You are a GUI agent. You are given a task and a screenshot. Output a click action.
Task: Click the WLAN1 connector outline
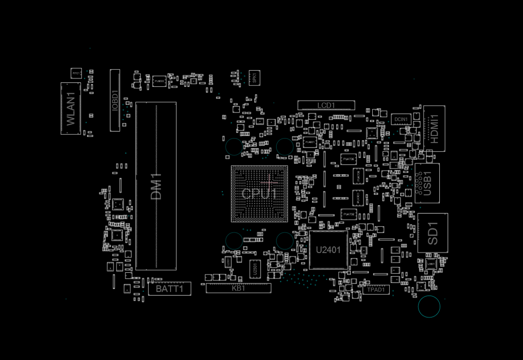71,108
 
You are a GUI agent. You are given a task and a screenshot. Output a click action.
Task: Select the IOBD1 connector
115,100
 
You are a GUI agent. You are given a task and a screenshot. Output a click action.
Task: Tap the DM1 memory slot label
156,186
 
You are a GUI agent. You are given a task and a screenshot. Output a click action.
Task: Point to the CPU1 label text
259,194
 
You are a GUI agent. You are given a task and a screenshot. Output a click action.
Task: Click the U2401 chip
328,250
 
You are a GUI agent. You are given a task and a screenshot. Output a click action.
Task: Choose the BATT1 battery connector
170,289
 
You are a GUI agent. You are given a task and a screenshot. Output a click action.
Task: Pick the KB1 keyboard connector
239,288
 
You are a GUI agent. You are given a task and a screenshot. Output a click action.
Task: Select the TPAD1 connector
376,290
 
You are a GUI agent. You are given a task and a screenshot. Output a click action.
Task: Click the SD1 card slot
433,233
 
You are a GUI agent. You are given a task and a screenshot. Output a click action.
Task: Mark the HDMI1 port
434,128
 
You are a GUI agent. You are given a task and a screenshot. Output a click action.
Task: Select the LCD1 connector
326,105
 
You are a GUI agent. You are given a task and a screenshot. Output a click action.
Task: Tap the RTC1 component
76,73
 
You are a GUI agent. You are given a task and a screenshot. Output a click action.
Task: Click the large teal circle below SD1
428,306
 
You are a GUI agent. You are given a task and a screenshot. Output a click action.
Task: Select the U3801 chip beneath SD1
431,264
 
